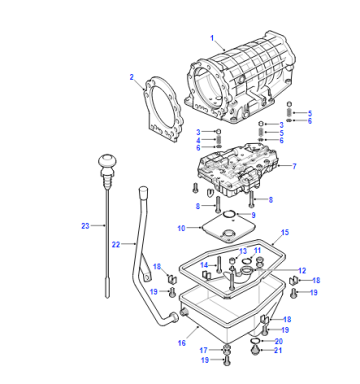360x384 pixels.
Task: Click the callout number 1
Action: pyautogui.click(x=212, y=38)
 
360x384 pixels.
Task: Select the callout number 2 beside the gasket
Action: pyautogui.click(x=132, y=77)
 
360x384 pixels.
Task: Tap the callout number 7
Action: pyautogui.click(x=294, y=166)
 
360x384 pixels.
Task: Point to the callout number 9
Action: pyautogui.click(x=253, y=215)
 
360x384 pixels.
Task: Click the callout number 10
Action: pyautogui.click(x=181, y=228)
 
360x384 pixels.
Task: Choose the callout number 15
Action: pyautogui.click(x=285, y=232)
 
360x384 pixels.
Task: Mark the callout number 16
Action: pyautogui.click(x=182, y=343)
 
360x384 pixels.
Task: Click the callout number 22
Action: pyautogui.click(x=116, y=245)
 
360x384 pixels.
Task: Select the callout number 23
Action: pyautogui.click(x=85, y=226)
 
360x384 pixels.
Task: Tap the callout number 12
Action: pyautogui.click(x=302, y=270)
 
